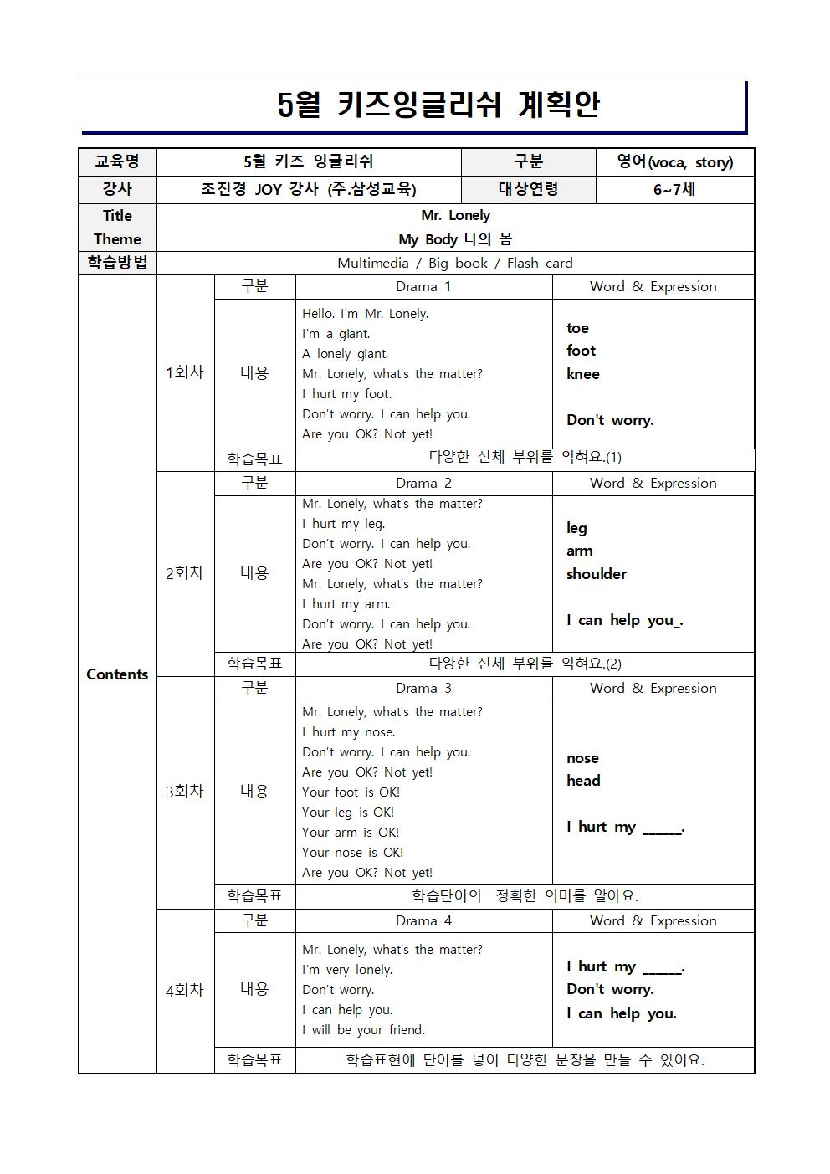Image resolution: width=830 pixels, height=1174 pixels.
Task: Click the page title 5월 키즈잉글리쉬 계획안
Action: [x=438, y=105]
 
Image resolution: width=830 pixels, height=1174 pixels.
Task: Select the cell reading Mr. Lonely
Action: [x=455, y=216]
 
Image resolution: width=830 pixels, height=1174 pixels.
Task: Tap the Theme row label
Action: [x=117, y=239]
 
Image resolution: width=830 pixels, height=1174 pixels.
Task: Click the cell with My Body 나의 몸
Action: [x=455, y=239]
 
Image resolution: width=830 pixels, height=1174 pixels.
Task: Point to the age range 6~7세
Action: [x=674, y=189]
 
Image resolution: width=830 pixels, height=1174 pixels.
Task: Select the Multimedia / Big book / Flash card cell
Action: [x=455, y=263]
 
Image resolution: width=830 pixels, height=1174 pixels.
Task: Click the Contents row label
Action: [x=117, y=674]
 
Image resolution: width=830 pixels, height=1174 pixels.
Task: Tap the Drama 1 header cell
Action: [x=423, y=287]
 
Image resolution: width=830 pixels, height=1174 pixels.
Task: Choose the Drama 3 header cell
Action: [x=423, y=689]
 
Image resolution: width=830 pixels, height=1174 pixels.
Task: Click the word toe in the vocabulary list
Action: [x=577, y=328]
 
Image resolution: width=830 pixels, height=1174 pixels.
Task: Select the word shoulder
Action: [x=596, y=574]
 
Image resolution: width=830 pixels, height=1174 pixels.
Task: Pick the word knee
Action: [x=582, y=374]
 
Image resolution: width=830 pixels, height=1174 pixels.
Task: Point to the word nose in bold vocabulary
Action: [x=582, y=758]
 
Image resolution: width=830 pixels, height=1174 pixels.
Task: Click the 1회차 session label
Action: [x=185, y=372]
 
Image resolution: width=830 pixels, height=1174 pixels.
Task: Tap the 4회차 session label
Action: [x=185, y=990]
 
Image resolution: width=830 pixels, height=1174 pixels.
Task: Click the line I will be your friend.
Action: [x=363, y=1030]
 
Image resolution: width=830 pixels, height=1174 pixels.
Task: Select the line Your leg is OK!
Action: [x=347, y=813]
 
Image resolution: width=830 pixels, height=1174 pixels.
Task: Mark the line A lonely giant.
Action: [x=345, y=354]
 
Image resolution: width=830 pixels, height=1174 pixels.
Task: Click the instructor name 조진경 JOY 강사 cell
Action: [x=308, y=189]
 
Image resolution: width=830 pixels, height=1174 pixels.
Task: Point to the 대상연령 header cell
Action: [x=528, y=189]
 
